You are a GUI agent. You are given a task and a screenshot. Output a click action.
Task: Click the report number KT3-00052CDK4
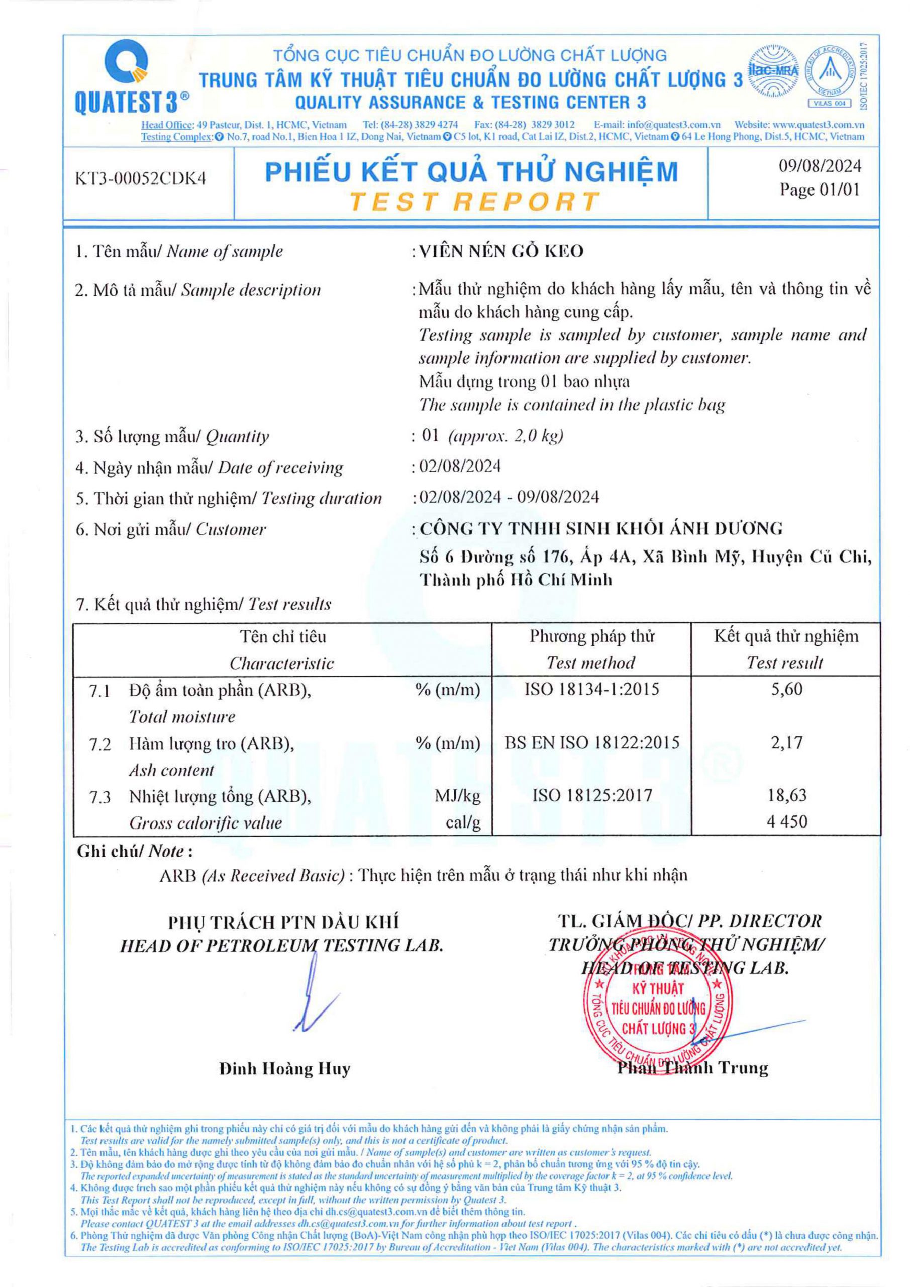pos(141,178)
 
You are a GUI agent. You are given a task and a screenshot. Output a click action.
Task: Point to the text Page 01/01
pos(820,190)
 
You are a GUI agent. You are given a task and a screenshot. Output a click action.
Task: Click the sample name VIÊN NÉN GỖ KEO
pos(501,252)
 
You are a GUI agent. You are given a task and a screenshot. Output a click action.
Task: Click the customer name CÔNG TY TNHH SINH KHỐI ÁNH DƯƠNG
pos(601,528)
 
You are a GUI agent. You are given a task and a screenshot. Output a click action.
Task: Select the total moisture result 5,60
pos(787,689)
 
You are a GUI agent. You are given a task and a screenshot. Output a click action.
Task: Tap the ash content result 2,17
pos(787,742)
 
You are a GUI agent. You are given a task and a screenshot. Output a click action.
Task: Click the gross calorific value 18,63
pos(787,795)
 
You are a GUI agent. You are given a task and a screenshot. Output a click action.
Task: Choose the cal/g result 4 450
pos(787,822)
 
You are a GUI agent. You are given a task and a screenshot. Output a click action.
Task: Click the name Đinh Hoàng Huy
pos(284,1069)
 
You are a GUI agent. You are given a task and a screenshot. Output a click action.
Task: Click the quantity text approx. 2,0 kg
pos(505,436)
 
